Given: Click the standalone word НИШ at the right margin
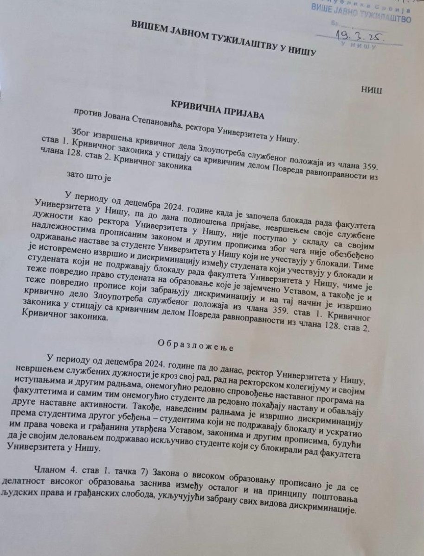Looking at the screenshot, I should [x=372, y=89].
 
